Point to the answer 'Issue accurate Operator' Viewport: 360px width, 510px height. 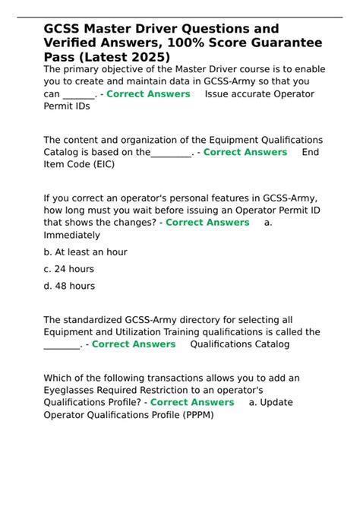click(259, 94)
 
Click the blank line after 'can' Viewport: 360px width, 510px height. click(79, 94)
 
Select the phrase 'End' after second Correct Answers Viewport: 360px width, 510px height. click(310, 152)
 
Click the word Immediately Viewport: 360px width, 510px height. click(71, 236)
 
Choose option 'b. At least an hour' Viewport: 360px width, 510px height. click(85, 252)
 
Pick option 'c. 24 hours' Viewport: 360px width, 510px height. click(69, 269)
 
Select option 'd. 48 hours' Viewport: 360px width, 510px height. click(69, 286)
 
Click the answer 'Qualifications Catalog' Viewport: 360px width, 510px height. click(239, 344)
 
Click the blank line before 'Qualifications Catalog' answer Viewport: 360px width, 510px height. click(62, 344)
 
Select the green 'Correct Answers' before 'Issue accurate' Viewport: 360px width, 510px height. click(148, 94)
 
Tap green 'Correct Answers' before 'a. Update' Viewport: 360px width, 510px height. click(192, 403)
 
